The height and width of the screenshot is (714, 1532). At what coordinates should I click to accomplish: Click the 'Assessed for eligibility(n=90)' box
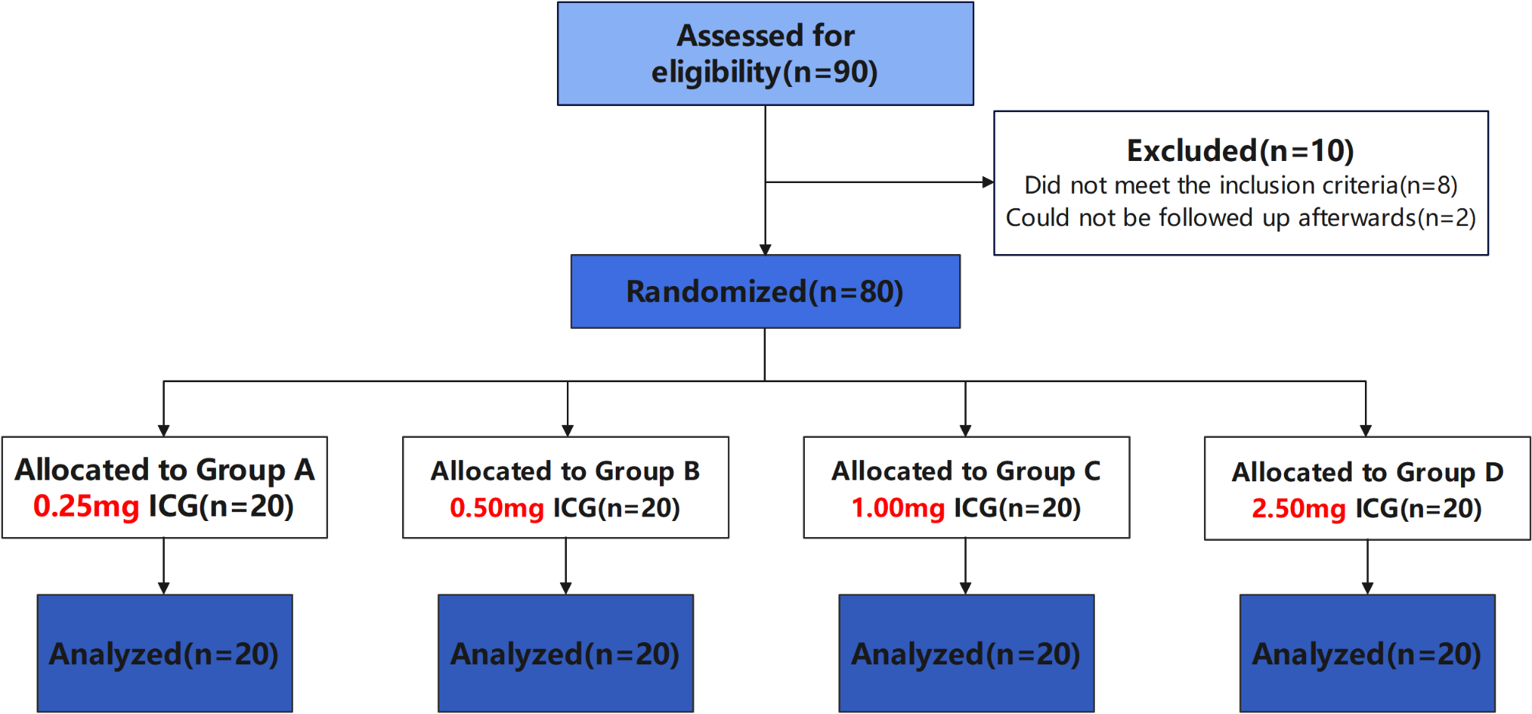tap(765, 53)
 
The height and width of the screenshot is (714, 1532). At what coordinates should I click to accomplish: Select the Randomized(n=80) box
tap(765, 291)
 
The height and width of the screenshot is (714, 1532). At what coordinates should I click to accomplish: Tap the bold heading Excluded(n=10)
tap(1241, 151)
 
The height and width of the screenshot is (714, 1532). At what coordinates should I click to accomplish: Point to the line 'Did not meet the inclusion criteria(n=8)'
tap(1241, 185)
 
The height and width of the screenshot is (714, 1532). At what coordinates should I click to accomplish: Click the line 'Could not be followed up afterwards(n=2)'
tap(1241, 218)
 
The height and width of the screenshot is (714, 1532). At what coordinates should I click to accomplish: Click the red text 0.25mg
tap(86, 507)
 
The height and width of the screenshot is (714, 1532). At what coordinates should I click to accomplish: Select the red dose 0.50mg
tap(497, 508)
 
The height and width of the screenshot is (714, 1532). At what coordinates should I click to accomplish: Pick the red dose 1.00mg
tap(898, 508)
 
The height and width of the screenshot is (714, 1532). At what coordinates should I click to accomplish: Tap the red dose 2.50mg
tap(1299, 509)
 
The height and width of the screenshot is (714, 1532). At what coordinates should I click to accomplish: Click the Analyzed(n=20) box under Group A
tap(165, 654)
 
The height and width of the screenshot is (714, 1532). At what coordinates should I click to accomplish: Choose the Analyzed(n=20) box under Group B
tap(565, 654)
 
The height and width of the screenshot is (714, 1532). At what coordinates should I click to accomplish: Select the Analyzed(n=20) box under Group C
tap(966, 654)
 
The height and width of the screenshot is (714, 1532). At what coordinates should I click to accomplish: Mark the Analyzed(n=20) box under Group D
tap(1367, 654)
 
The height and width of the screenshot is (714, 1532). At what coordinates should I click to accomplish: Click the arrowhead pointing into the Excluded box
tap(988, 182)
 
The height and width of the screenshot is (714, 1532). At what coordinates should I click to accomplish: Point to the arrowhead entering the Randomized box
tap(765, 249)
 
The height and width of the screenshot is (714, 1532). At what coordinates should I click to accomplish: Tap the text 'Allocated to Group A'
tap(165, 470)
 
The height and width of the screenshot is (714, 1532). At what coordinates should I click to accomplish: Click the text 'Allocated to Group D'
tap(1367, 472)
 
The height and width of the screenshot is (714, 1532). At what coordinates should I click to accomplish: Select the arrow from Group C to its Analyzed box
tap(966, 566)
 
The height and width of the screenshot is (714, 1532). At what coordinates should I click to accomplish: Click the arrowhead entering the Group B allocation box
tap(568, 431)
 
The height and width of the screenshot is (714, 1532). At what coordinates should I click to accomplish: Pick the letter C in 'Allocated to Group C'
tap(1092, 471)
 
